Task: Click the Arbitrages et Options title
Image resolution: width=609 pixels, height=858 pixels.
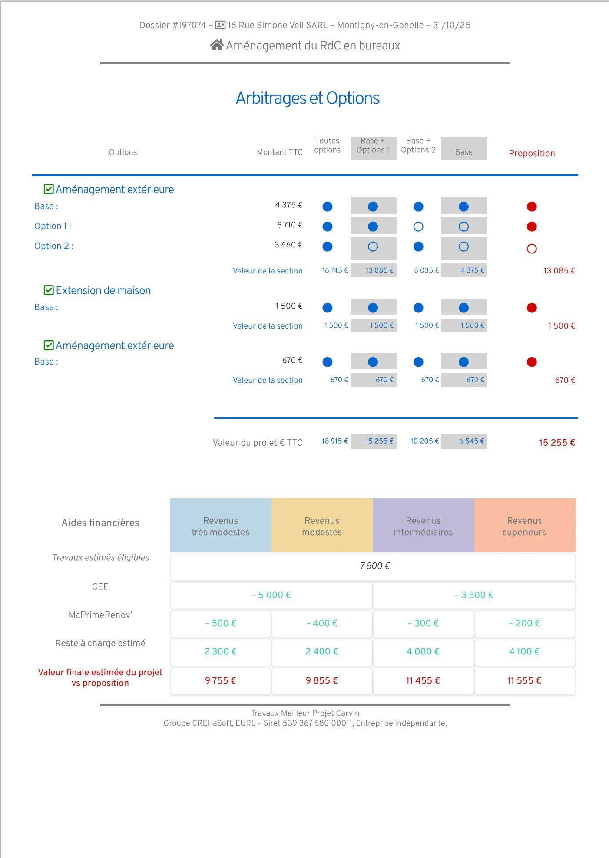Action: (308, 99)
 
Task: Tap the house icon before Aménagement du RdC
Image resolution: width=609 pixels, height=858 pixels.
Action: (217, 45)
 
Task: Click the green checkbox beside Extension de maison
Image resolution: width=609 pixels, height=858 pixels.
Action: (49, 290)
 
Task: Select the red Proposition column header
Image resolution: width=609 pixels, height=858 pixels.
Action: (532, 153)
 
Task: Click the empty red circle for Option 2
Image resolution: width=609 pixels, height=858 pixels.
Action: (532, 249)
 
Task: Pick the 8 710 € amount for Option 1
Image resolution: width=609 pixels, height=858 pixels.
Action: (290, 225)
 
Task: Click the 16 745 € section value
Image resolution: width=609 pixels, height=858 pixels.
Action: (335, 270)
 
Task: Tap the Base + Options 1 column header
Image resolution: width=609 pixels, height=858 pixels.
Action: (373, 146)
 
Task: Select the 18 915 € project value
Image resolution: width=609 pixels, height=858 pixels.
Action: (335, 441)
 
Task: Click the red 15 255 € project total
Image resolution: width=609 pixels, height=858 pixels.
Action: (557, 443)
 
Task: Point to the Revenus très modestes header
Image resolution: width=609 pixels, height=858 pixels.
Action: (221, 526)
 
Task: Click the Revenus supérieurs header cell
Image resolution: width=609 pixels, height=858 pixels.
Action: (524, 526)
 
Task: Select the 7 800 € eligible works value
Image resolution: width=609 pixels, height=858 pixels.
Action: (374, 566)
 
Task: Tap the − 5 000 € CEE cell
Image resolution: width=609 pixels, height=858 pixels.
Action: (271, 595)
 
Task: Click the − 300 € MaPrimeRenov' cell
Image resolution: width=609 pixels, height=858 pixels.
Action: (423, 623)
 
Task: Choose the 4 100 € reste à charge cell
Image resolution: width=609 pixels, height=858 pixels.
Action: (524, 651)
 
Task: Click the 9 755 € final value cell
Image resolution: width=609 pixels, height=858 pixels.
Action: (221, 680)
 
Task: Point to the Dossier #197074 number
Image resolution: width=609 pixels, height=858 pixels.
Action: (173, 25)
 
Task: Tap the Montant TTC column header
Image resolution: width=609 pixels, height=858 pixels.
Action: (279, 152)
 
